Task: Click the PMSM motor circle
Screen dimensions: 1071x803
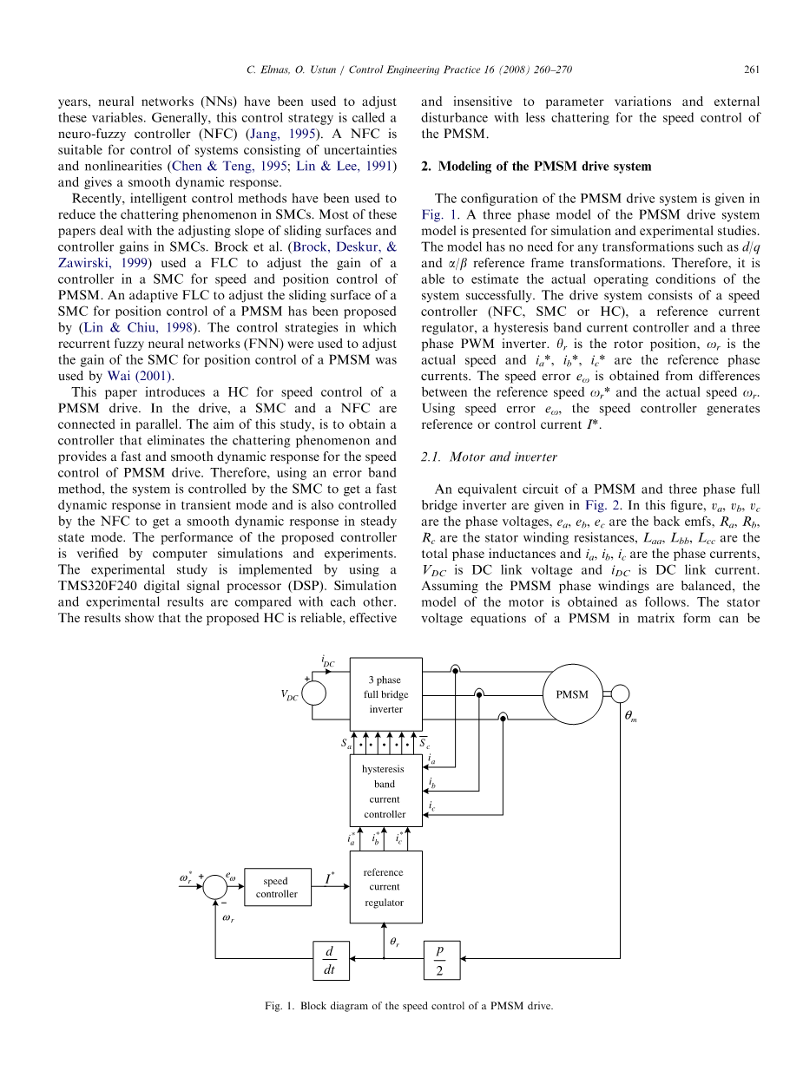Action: (572, 693)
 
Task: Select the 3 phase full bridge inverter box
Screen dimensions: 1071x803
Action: (385, 693)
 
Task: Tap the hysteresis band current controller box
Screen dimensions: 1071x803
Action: (385, 791)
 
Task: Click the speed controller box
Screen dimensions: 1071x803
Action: (277, 888)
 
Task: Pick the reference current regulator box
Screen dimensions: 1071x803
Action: (385, 887)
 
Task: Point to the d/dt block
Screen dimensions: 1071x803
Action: (330, 960)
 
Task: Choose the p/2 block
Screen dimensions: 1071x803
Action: (441, 960)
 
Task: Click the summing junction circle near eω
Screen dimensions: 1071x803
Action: (215, 888)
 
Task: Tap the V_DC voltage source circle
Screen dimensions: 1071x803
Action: (313, 694)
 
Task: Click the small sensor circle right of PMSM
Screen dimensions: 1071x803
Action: (621, 693)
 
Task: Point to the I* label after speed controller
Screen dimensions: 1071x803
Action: (330, 880)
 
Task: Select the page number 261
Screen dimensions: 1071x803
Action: (752, 69)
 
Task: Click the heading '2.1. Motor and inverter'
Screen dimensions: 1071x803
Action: (489, 457)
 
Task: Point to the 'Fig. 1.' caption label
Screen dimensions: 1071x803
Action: (280, 1007)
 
